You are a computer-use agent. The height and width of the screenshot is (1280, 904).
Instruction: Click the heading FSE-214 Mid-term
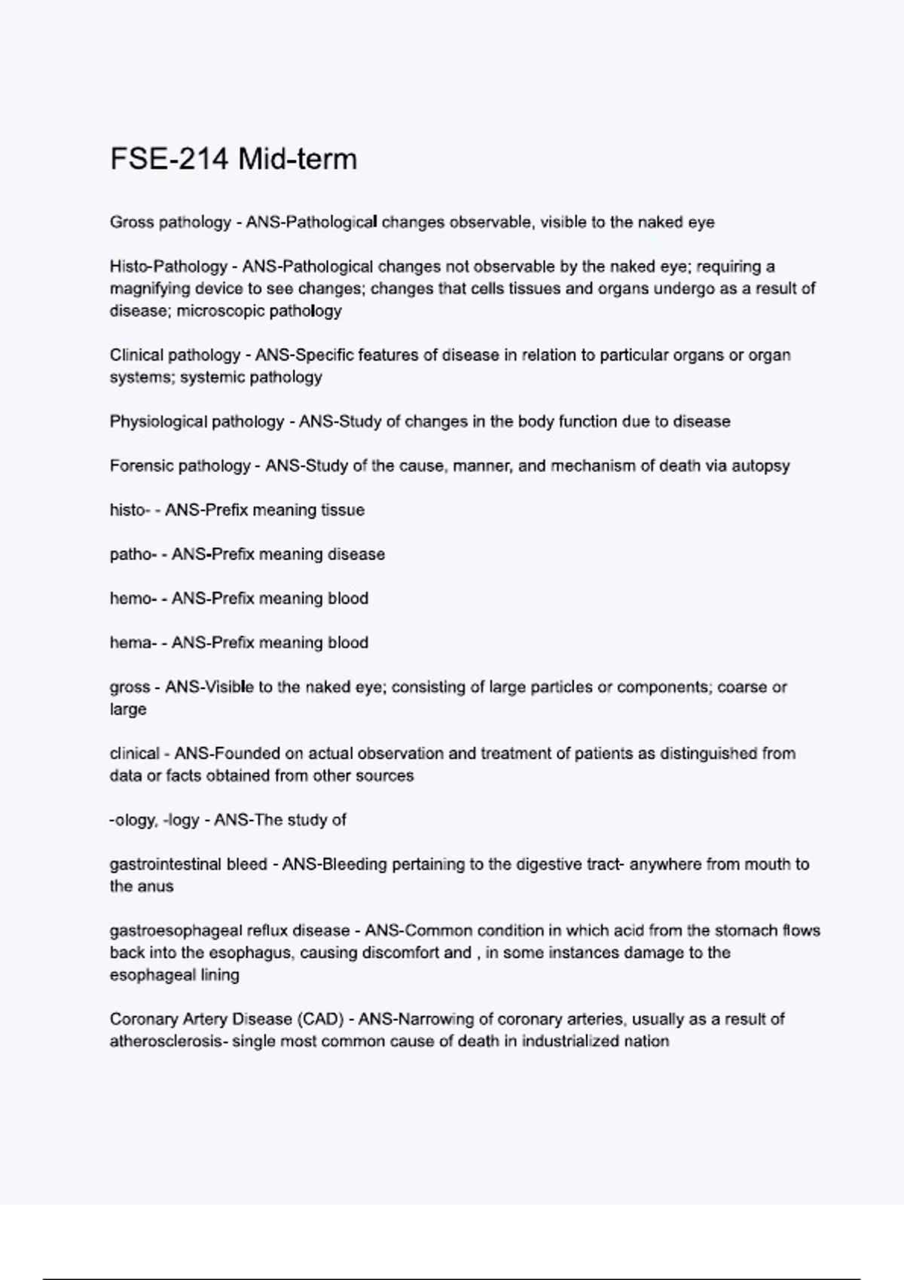(x=234, y=160)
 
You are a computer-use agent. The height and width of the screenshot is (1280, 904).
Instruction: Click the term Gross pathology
(x=170, y=222)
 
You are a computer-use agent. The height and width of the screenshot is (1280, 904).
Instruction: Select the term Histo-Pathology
(x=169, y=267)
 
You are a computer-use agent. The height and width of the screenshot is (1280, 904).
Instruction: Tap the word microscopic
(x=211, y=311)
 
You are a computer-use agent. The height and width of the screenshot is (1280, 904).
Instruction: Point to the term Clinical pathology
(x=175, y=355)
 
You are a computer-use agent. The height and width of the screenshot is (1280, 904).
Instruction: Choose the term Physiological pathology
(x=197, y=422)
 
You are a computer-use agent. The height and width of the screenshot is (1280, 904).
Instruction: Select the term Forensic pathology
(x=179, y=466)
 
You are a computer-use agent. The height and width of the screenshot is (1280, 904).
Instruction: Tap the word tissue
(x=343, y=510)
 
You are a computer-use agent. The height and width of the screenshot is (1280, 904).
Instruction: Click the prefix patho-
(x=133, y=555)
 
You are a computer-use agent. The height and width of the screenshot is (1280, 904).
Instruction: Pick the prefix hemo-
(x=133, y=599)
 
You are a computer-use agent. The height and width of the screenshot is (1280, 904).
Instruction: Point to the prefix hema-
(x=133, y=643)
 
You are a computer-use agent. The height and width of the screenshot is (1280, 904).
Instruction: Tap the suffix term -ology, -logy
(x=154, y=820)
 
